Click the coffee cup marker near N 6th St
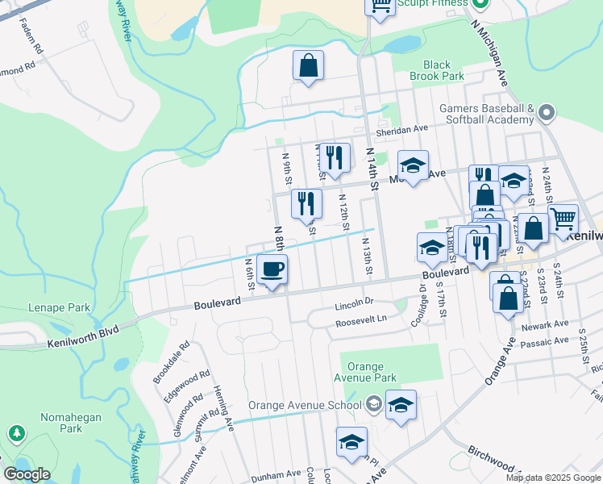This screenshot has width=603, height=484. click(272, 269)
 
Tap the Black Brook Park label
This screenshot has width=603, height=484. click(437, 70)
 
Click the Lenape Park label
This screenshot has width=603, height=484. click(59, 307)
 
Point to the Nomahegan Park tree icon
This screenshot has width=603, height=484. click(16, 434)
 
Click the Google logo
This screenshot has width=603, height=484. click(27, 474)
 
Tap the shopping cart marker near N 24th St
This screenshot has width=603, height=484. click(563, 219)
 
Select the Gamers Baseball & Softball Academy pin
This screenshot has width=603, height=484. click(547, 113)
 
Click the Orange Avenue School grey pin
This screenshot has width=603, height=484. click(372, 403)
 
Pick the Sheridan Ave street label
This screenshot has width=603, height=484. click(401, 128)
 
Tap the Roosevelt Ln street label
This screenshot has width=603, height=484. click(361, 319)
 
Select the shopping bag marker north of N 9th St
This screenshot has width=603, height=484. click(308, 66)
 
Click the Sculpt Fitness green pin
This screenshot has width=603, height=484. click(480, 3)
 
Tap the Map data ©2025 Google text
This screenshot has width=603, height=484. click(552, 478)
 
